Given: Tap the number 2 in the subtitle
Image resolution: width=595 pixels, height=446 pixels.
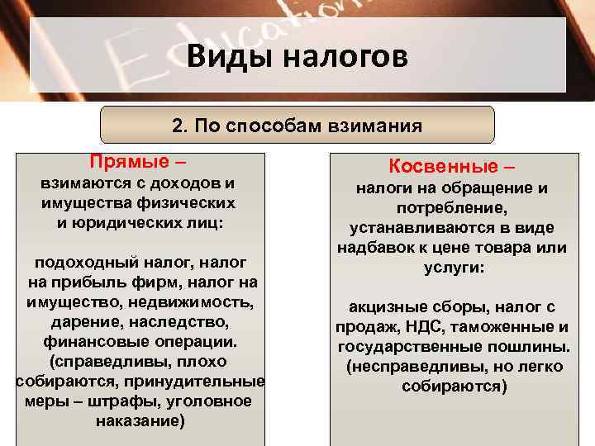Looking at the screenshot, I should [x=177, y=126].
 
